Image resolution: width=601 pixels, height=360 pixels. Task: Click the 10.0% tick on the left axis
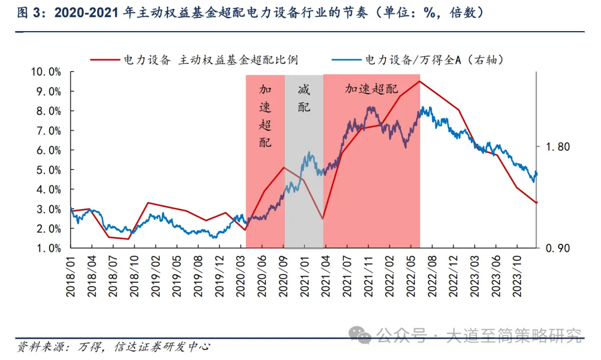pyautogui.click(x=47, y=72)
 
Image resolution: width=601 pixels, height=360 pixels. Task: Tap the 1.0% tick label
pyautogui.click(x=48, y=248)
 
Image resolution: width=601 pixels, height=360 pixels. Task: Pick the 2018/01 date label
pyautogui.click(x=71, y=275)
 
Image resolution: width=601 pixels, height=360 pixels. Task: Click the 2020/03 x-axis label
pyautogui.click(x=246, y=275)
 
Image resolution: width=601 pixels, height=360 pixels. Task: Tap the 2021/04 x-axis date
pyautogui.click(x=323, y=275)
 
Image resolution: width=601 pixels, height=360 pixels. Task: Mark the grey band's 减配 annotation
pyautogui.click(x=304, y=98)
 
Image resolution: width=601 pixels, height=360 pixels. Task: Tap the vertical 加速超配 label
pyautogui.click(x=265, y=116)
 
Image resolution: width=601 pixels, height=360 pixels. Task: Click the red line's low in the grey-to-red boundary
pyautogui.click(x=323, y=219)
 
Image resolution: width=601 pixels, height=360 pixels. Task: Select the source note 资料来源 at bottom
pyautogui.click(x=114, y=347)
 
